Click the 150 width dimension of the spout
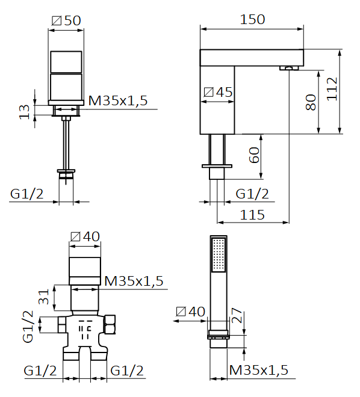pos(252,19)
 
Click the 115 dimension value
pos(252,214)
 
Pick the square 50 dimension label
pos(66,20)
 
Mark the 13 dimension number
pos(24,111)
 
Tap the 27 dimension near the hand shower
pos(237,316)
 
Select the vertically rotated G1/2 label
pos(28,327)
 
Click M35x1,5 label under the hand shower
pos(258,370)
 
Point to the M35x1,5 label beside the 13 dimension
pos(118,100)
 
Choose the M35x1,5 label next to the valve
pos(134,280)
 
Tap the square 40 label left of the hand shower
pos(190,312)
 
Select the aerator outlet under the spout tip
pos(290,68)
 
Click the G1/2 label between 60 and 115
pos(252,194)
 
